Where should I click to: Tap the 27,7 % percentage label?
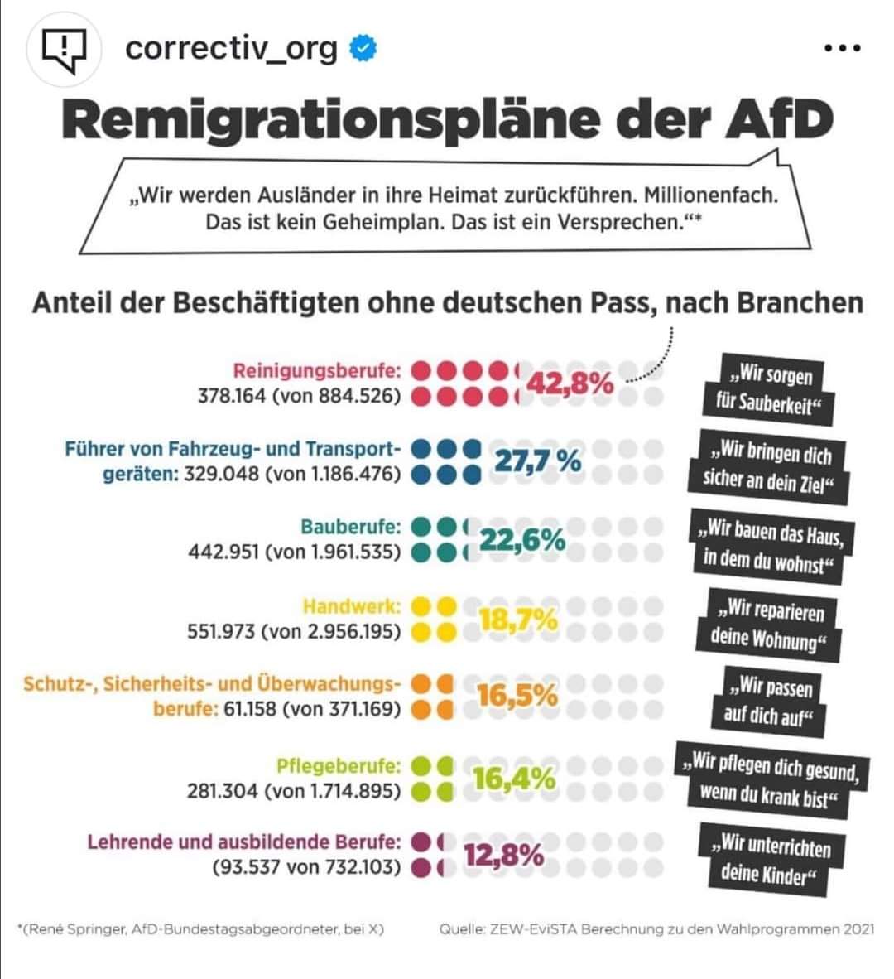click(x=537, y=461)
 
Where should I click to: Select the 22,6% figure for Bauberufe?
click(x=522, y=540)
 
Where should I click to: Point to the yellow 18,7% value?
click(x=518, y=619)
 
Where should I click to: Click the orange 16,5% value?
click(x=517, y=696)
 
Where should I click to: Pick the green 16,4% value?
click(x=513, y=778)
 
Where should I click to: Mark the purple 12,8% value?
click(x=503, y=855)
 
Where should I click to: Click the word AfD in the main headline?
click(x=778, y=119)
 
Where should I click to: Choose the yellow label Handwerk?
click(x=352, y=606)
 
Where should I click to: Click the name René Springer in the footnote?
click(x=76, y=929)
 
